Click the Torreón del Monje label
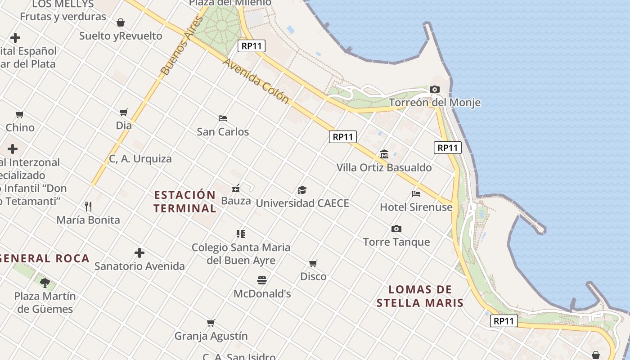coord(435,103)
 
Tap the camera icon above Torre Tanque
coord(396,229)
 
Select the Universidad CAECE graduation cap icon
coord(302,190)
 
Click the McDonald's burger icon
coord(262,280)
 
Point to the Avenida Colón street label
coord(256,81)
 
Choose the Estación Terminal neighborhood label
coord(185,202)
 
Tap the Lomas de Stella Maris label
coord(420,296)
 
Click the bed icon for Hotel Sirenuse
coord(416,194)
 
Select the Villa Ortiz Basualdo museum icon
coord(384,154)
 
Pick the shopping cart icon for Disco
coord(313,263)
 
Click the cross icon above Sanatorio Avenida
coord(139,253)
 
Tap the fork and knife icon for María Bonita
coord(88,207)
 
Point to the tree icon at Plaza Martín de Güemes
coord(45,283)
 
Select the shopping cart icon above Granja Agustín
coord(211,323)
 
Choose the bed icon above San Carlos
coord(223,118)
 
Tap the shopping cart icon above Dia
coord(124,112)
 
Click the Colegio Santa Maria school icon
coord(241,234)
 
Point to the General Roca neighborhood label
coord(45,258)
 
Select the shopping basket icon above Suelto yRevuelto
coord(121,22)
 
